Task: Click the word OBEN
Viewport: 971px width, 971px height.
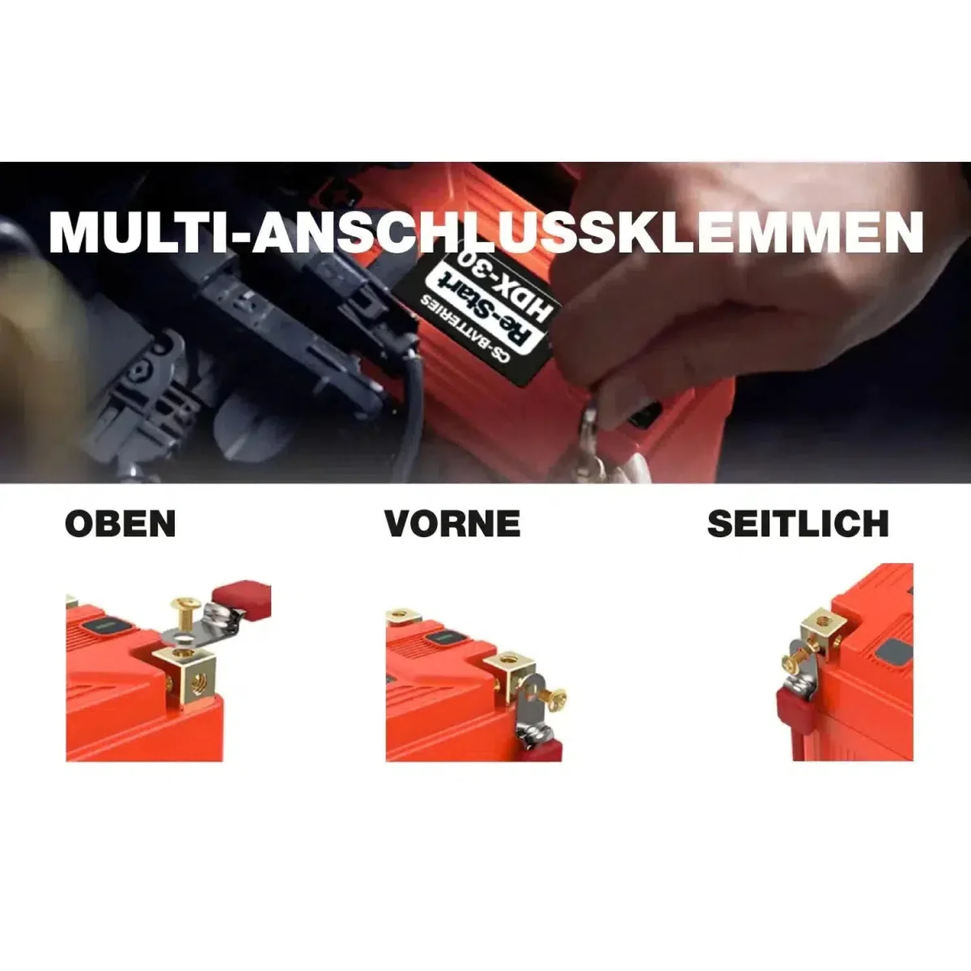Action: pos(120,524)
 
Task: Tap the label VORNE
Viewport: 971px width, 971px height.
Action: pos(452,524)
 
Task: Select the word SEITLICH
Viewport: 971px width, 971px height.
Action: pos(798,524)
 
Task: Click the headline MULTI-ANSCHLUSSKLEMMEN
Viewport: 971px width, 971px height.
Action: pos(486,232)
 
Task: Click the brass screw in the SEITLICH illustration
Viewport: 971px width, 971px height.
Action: pos(798,662)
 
